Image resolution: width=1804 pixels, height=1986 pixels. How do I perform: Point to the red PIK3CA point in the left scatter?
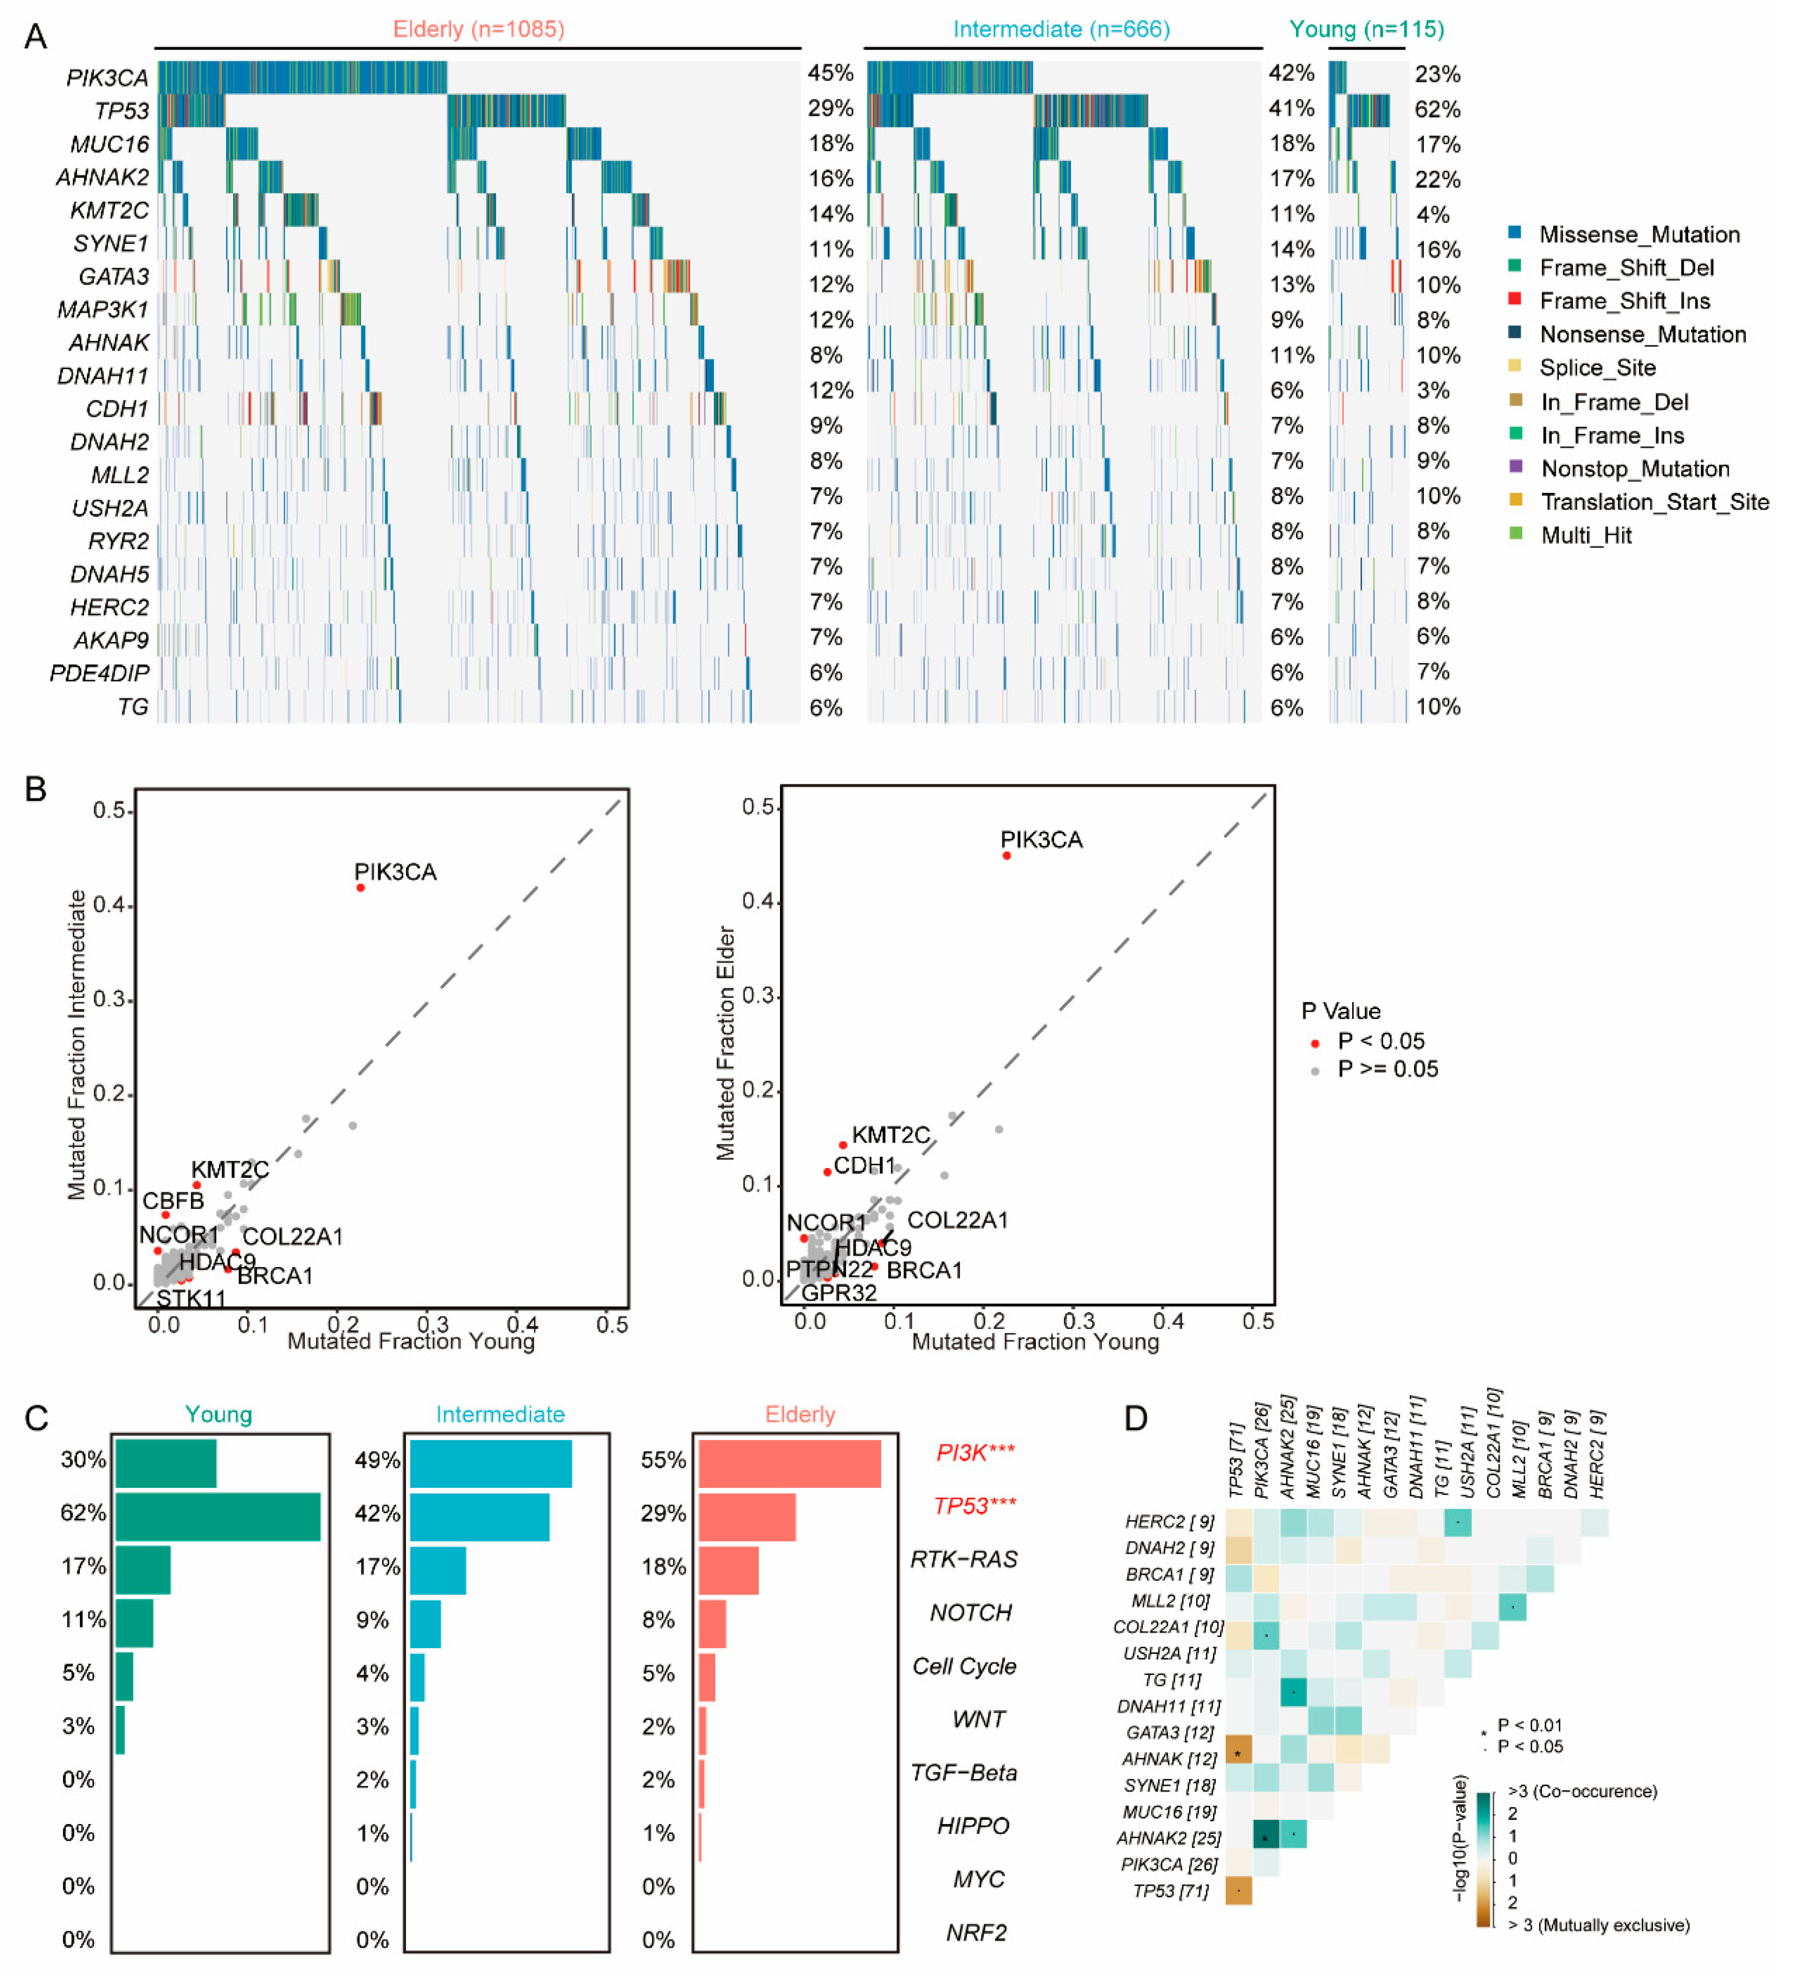point(361,888)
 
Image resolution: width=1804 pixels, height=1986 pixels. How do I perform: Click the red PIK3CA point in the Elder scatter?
point(1006,855)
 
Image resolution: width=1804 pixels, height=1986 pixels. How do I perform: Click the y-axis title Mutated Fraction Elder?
point(726,1042)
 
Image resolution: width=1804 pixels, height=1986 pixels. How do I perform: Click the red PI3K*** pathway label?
point(974,1452)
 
